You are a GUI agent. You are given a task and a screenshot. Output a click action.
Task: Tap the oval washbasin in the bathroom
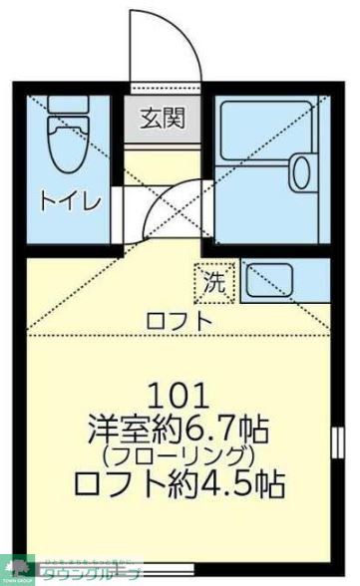[x=301, y=173]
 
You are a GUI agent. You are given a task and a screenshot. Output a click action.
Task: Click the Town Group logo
[x=18, y=570]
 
